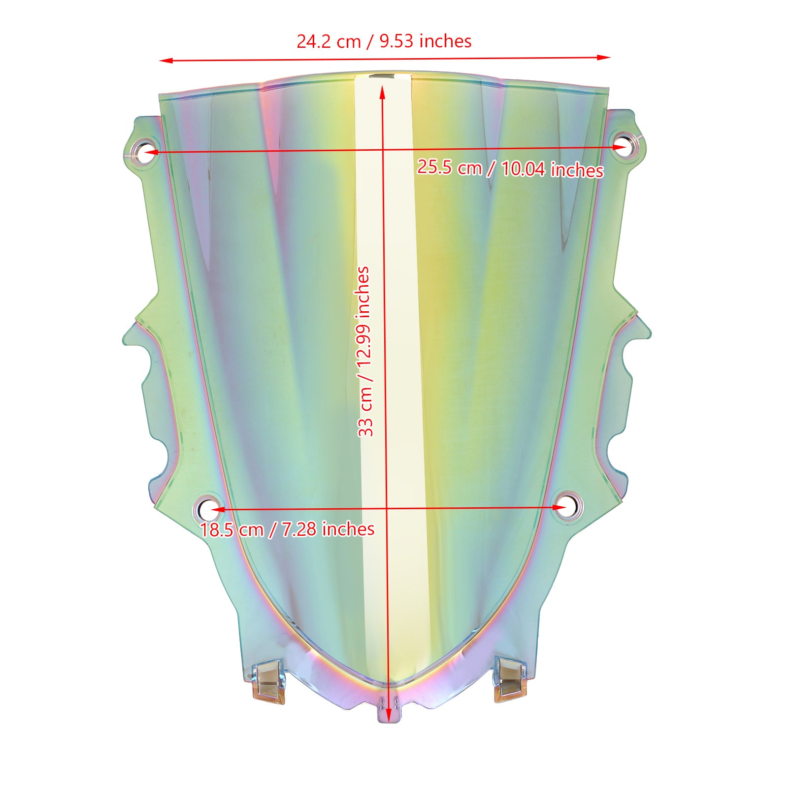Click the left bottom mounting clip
click(x=269, y=682)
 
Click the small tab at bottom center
click(x=389, y=709)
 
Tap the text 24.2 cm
click(x=328, y=41)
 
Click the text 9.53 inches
click(x=426, y=41)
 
